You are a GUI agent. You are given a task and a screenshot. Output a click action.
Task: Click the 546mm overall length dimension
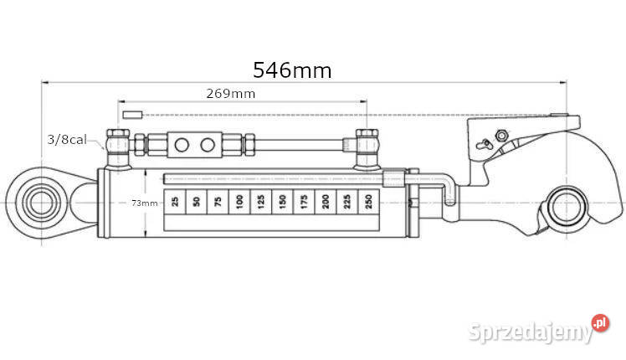292,69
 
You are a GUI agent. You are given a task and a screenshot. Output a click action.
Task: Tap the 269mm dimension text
230,94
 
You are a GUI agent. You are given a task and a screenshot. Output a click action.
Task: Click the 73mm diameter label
144,203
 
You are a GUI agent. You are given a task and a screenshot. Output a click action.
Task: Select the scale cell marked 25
174,201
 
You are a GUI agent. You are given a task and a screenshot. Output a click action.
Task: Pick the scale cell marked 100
239,201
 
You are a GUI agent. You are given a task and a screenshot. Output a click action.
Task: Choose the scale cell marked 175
303,201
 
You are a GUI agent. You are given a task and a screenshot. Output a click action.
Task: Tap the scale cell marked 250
367,201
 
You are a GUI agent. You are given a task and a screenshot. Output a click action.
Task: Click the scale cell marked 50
196,201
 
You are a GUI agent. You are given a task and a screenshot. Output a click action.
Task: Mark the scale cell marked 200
325,201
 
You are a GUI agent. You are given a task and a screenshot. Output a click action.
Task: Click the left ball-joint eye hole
38,202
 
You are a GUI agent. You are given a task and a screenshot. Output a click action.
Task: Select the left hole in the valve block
182,145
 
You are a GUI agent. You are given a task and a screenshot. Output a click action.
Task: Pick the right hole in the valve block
207,145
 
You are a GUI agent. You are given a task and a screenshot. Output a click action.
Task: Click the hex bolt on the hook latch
500,137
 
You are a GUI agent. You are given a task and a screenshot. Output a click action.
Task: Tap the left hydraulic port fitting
116,147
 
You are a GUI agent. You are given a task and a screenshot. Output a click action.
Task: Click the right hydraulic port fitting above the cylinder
366,145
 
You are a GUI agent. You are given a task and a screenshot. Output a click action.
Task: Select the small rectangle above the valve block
132,114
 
